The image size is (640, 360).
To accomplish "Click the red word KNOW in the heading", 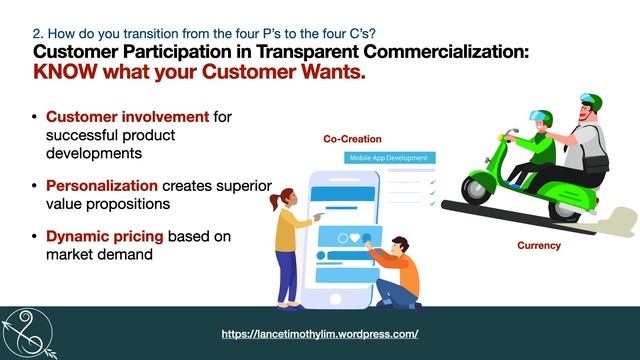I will pos(70,73).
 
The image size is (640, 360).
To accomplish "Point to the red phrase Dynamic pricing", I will pos(104,236).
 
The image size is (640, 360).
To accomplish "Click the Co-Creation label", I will pos(352,139).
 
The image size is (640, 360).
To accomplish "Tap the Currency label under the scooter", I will pos(538,245).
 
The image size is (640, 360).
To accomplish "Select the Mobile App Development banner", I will pos(388,158).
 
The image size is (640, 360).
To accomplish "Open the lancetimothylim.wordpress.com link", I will pos(319,333).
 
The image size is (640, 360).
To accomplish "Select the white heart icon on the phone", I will pos(354,238).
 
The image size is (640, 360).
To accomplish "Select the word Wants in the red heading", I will pos(327,73).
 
